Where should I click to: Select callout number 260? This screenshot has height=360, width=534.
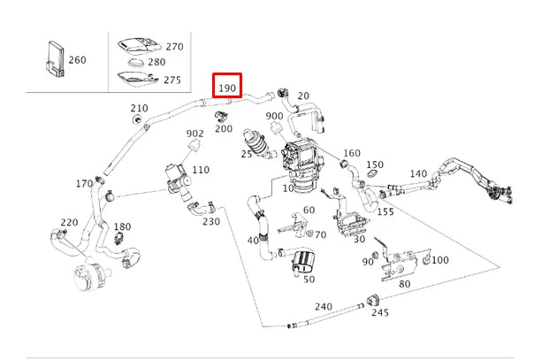(77, 60)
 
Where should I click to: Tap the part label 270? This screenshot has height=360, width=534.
(174, 47)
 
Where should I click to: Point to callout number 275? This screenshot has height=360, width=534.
(172, 80)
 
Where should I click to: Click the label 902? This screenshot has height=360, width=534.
(195, 134)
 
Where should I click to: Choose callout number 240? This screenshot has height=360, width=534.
(324, 307)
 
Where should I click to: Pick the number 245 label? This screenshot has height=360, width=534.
(379, 312)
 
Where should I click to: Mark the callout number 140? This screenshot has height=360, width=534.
(417, 174)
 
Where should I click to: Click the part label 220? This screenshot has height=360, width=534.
(69, 222)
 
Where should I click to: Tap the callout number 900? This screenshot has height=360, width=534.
(274, 117)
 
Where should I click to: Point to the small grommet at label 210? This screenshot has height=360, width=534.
(138, 119)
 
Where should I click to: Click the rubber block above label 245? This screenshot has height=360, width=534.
(375, 295)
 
